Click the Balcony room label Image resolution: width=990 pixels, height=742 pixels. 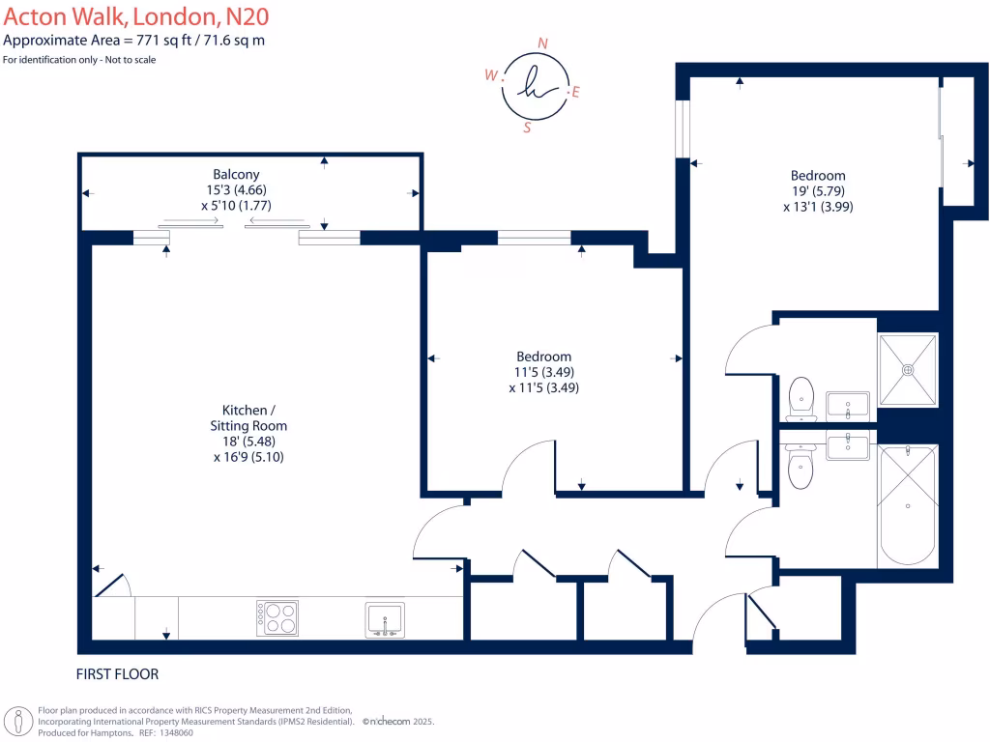[x=236, y=174]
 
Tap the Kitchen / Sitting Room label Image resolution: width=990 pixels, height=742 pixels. [x=248, y=417]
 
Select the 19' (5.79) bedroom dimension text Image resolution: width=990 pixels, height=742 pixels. [x=818, y=190]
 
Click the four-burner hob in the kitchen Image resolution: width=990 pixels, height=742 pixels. [x=277, y=617]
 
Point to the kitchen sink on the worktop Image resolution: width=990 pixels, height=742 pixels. [x=385, y=619]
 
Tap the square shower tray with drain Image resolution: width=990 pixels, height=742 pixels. [x=907, y=370]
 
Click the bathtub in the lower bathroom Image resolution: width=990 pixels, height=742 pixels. [x=907, y=504]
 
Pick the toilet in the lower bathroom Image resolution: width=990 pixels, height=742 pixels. [x=801, y=467]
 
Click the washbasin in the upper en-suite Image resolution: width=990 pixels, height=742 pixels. [x=848, y=407]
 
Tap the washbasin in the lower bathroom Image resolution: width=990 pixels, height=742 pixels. [x=848, y=445]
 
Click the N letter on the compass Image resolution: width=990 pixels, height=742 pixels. [x=542, y=43]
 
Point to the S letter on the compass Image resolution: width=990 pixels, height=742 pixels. [x=527, y=128]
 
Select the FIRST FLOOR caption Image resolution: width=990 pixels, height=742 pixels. [x=117, y=673]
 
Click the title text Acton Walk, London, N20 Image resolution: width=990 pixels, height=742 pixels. [x=136, y=16]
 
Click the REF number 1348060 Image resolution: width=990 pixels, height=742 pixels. [x=176, y=732]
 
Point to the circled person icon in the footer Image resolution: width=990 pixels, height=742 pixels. [x=19, y=721]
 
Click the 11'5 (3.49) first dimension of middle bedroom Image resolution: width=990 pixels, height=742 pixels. [x=543, y=372]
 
